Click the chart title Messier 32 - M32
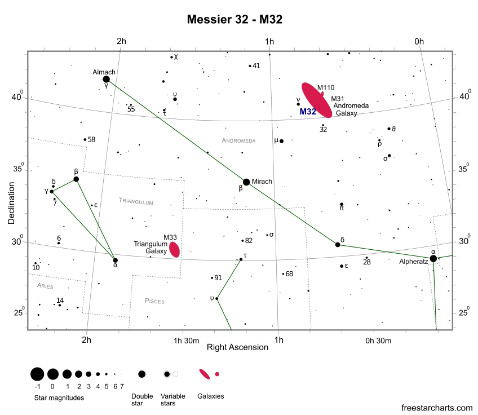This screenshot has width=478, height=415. [x=234, y=19]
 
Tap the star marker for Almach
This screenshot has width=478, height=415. [x=106, y=80]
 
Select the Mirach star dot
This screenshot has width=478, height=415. [x=246, y=182]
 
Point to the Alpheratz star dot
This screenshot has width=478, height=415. [x=433, y=259]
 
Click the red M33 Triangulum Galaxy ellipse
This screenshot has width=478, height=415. [x=175, y=249]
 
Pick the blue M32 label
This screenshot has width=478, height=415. [x=308, y=112]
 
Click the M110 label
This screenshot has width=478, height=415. [x=326, y=87]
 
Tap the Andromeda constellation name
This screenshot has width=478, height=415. [x=238, y=140]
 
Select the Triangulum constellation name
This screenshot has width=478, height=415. [x=136, y=201]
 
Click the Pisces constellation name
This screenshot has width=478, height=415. [x=154, y=301]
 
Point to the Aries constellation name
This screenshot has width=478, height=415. [x=45, y=286]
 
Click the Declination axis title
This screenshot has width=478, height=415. [x=12, y=202]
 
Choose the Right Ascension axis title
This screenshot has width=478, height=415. [x=237, y=347]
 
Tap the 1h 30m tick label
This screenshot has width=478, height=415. [x=186, y=340]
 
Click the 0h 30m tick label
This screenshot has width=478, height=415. [x=378, y=340]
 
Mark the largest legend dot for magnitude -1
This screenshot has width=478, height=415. [x=37, y=374]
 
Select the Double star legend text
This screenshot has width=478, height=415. [x=142, y=399]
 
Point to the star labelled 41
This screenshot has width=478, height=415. [x=250, y=66]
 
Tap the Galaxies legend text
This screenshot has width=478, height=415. [x=210, y=396]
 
